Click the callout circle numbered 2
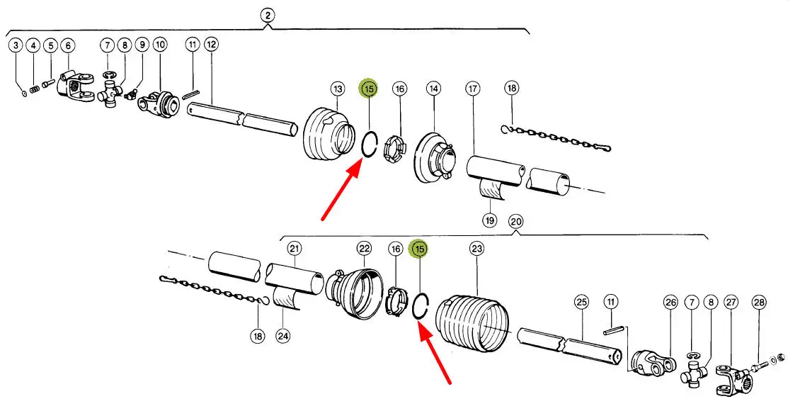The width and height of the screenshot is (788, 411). [x=268, y=15]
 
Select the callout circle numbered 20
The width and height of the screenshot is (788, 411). [x=515, y=221]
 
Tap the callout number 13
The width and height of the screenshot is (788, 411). [x=338, y=89]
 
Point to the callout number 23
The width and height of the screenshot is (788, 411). [x=476, y=248]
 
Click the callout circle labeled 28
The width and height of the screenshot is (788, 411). [x=759, y=303]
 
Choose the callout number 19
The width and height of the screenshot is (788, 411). [x=489, y=220]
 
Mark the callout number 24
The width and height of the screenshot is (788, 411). [x=283, y=336]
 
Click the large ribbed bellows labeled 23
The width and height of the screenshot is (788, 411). [x=472, y=322]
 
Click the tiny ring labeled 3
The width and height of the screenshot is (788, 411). [x=24, y=93]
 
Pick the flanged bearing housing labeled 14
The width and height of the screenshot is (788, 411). [x=435, y=157]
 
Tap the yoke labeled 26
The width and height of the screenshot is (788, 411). [x=651, y=362]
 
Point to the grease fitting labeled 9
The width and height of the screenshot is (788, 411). [x=131, y=93]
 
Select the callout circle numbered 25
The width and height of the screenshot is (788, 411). [x=581, y=303]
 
